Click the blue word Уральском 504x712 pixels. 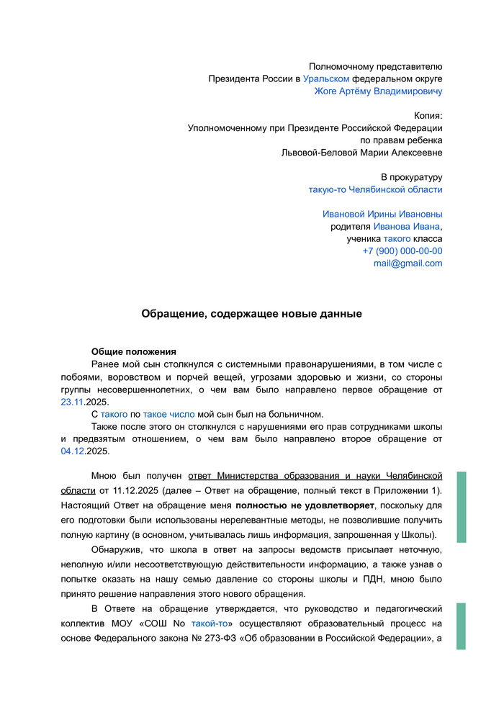[326, 78]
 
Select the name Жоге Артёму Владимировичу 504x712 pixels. [378, 91]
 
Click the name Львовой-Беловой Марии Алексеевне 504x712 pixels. [361, 153]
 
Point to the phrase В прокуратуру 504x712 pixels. [411, 177]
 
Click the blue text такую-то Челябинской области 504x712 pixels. [375, 189]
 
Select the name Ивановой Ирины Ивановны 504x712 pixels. [382, 214]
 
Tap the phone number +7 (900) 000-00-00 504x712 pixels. [402, 251]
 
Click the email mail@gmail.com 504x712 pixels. [408, 263]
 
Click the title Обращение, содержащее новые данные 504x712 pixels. [251, 314]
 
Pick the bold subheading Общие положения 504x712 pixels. [134, 352]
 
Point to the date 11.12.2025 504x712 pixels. [135, 490]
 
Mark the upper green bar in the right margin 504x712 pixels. [462, 507]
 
